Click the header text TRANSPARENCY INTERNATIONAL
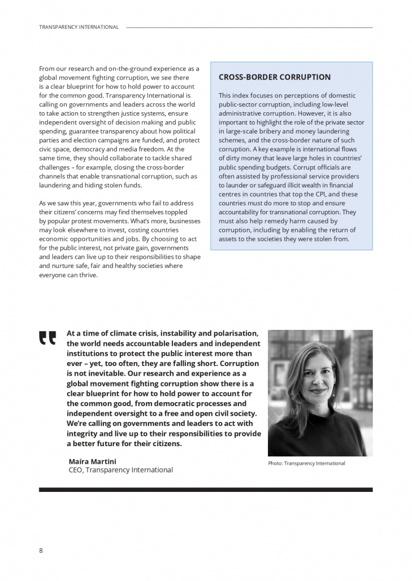(x=79, y=27)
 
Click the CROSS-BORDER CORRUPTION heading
(x=275, y=77)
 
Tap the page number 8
(x=41, y=550)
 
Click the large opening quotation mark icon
(x=47, y=337)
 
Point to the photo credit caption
(x=306, y=464)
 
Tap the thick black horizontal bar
(x=206, y=490)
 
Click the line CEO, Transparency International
(x=120, y=470)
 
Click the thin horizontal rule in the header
(x=249, y=27)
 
